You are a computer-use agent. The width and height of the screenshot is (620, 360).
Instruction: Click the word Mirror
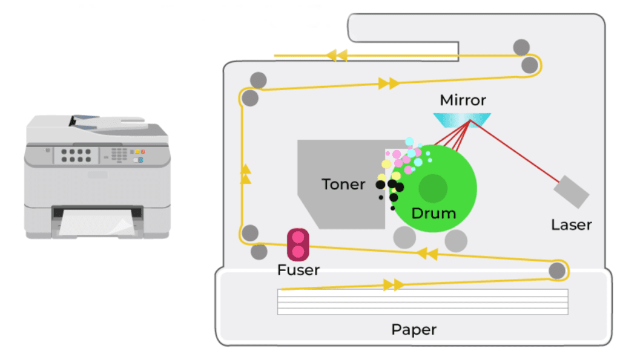463,100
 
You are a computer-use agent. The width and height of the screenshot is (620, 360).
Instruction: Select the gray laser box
571,192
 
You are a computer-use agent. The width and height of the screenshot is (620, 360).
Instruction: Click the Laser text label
571,225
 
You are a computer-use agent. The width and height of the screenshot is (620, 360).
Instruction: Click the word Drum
434,214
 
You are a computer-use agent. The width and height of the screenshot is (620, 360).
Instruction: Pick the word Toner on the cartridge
343,185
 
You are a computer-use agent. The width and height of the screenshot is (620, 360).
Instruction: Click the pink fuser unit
297,243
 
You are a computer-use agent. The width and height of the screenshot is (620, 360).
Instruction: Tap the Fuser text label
298,270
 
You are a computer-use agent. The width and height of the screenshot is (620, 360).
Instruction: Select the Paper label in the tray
414,330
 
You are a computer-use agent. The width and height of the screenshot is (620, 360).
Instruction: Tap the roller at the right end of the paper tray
556,271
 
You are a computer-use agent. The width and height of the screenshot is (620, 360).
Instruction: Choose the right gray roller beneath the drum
456,240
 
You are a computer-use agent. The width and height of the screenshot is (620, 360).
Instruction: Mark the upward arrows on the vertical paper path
245,174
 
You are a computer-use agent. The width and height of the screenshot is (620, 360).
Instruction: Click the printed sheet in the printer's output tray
97,226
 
